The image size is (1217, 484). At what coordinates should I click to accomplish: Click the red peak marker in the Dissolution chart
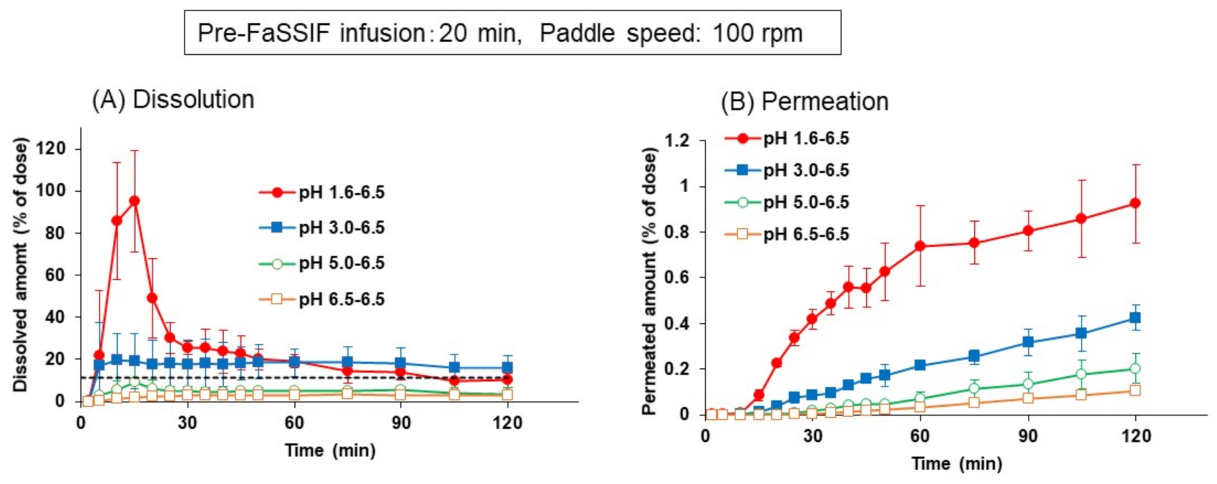134,201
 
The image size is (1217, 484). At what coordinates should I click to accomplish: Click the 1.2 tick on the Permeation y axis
677,141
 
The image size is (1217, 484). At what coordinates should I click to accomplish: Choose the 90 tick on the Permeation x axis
1028,436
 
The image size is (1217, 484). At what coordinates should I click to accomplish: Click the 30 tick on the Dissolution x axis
187,423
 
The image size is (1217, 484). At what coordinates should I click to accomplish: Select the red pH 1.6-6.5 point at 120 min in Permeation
1135,203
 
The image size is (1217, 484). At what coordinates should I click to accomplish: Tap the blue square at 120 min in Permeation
1135,318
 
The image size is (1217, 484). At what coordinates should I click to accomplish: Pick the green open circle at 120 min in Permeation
1135,369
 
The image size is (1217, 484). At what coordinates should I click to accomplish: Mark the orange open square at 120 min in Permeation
1135,390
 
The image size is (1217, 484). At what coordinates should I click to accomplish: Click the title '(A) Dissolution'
173,99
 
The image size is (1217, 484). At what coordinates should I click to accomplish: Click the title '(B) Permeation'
804,101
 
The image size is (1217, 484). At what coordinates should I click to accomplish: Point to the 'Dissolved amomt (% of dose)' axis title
21,265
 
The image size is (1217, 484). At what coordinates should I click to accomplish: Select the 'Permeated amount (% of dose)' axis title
649,281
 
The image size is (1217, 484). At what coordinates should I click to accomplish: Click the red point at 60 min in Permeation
920,246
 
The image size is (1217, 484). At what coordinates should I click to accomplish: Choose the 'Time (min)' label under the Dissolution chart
330,451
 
